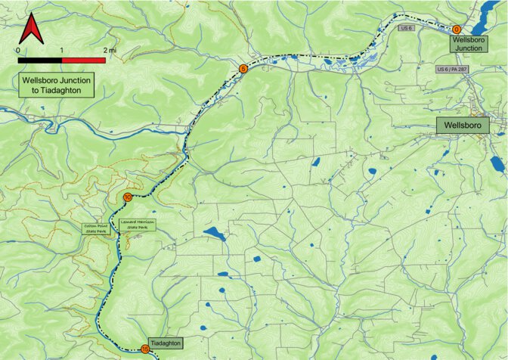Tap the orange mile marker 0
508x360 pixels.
[x=457, y=29]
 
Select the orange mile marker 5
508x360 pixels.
[x=243, y=69]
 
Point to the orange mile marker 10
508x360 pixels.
[x=127, y=197]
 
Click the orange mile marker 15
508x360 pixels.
[x=145, y=349]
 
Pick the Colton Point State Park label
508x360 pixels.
[x=98, y=229]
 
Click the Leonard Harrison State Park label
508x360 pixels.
[x=138, y=224]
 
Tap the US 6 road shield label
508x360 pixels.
[x=407, y=28]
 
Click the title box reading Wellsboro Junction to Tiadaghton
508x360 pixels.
[x=57, y=85]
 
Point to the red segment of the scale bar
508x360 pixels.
[x=83, y=59]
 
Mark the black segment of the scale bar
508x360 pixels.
[x=39, y=59]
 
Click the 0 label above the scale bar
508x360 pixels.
[x=18, y=50]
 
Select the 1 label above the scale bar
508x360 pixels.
[x=61, y=50]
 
